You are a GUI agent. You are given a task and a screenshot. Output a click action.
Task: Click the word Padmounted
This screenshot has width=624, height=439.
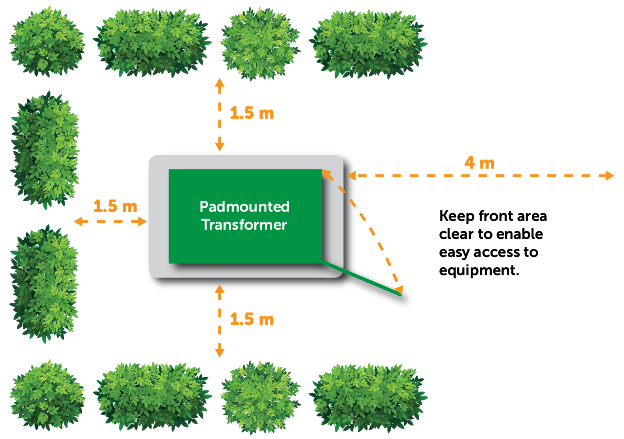click(244, 207)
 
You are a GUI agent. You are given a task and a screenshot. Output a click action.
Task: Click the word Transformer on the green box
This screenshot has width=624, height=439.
click(244, 225)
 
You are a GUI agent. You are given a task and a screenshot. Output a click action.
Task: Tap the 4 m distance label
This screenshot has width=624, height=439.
click(479, 163)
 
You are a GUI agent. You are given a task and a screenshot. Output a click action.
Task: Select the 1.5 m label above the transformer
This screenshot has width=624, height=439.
click(252, 113)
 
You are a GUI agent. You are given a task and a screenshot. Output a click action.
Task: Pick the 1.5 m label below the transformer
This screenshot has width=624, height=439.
click(252, 319)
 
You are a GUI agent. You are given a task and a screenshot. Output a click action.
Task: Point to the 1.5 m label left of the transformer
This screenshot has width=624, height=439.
click(115, 206)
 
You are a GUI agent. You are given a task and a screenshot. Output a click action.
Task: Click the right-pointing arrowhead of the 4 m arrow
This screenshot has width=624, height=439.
click(610, 176)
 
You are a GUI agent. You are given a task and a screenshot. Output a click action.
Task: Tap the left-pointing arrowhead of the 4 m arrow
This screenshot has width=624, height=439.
click(352, 176)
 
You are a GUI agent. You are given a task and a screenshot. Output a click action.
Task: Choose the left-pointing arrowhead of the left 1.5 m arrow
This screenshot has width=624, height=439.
click(79, 221)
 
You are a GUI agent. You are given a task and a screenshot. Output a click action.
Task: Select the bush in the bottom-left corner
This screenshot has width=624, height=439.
click(47, 395)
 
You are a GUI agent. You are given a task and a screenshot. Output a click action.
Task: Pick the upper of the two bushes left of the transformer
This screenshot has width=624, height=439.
click(45, 150)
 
